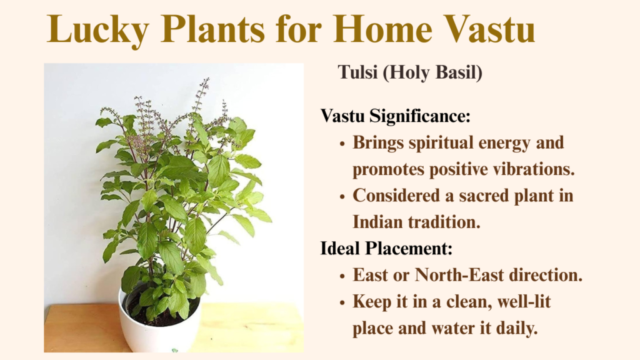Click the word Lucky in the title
(x=98, y=30)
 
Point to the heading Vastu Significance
(x=396, y=116)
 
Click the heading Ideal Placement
(x=386, y=248)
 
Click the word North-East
(x=459, y=275)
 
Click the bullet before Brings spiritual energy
(x=342, y=144)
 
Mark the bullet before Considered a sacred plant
(x=342, y=197)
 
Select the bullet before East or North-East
(x=342, y=276)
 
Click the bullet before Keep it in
(x=342, y=303)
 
